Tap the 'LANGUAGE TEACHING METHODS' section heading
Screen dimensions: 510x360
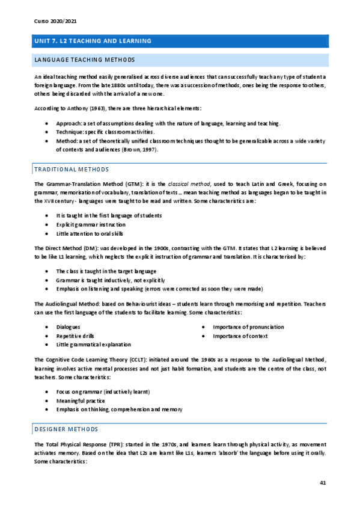[85, 60]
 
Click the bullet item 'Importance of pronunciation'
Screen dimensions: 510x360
[248, 327]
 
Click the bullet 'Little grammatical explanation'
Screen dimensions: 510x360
[93, 345]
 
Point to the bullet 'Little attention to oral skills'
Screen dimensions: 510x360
[90, 233]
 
